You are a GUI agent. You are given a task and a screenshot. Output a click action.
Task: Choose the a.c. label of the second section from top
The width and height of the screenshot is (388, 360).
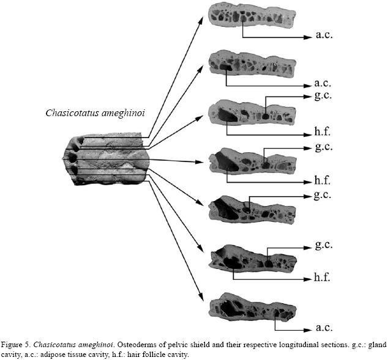[323, 83]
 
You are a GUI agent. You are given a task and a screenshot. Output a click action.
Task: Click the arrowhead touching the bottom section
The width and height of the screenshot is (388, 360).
[204, 299]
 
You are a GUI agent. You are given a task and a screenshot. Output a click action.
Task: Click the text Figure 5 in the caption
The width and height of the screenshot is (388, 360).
[18, 345]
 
